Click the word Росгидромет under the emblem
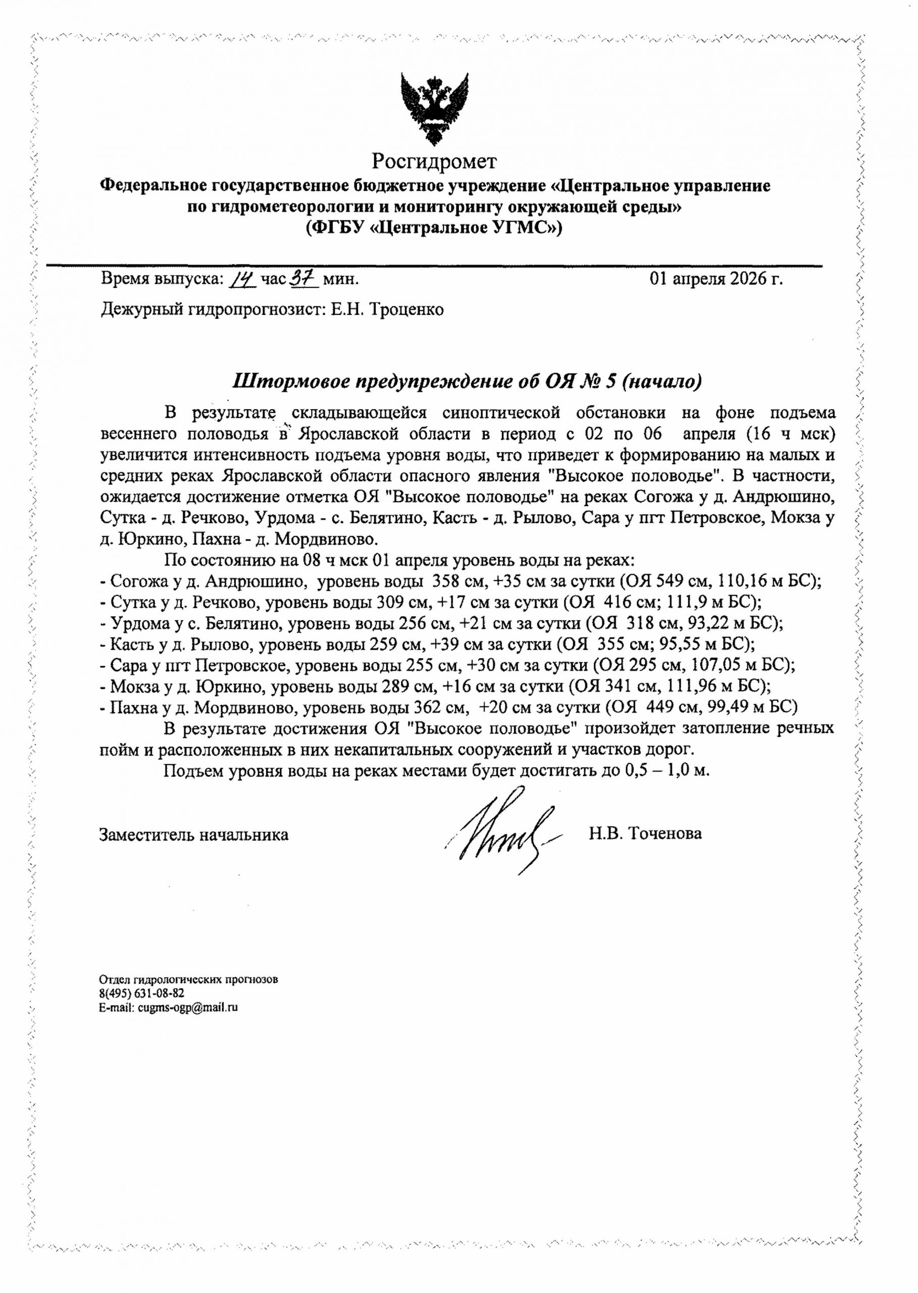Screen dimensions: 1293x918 tap(434, 162)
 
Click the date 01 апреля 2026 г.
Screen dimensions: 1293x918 tap(716, 279)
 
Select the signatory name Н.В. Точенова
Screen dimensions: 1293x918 tap(645, 833)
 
